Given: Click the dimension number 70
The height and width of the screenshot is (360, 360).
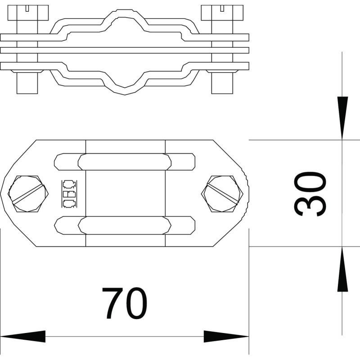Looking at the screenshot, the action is pyautogui.click(x=124, y=303).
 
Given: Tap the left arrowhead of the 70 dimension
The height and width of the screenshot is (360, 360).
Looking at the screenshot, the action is pyautogui.click(x=23, y=337).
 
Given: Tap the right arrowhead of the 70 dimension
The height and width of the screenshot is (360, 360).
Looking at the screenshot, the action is pyautogui.click(x=226, y=337).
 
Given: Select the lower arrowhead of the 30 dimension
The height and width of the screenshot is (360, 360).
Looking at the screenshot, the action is pyautogui.click(x=342, y=269).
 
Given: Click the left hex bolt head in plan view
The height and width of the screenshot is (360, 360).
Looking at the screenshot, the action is pyautogui.click(x=28, y=194).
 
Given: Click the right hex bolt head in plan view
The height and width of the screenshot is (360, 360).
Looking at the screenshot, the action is pyautogui.click(x=222, y=194).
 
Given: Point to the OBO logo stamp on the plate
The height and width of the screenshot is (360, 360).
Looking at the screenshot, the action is pyautogui.click(x=69, y=194).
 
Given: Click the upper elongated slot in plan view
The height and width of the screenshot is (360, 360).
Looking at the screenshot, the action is pyautogui.click(x=125, y=162).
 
